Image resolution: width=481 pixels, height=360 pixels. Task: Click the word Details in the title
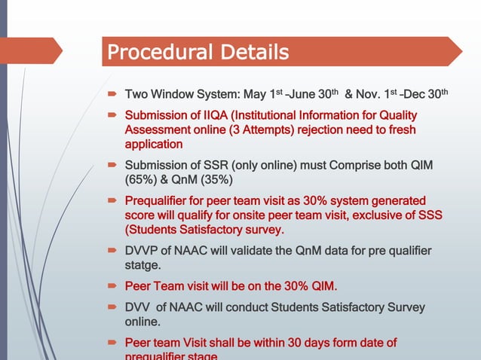click(253, 53)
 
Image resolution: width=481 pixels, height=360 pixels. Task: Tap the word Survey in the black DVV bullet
click(406, 307)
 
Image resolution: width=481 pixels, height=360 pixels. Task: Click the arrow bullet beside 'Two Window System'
click(111, 96)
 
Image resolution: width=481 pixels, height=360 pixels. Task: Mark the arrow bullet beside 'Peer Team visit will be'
click(111, 287)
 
